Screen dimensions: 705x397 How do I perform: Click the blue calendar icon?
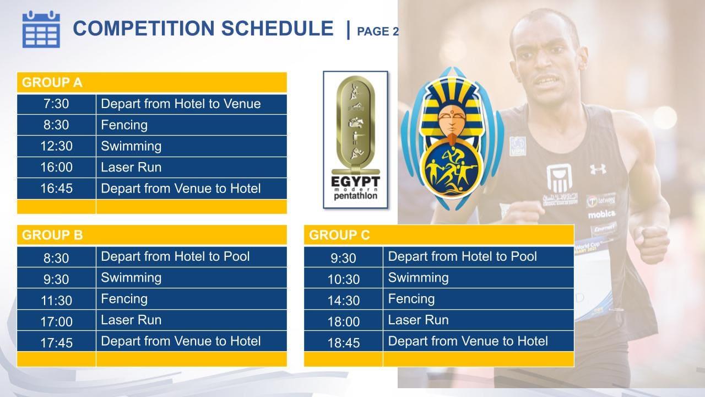click(41, 29)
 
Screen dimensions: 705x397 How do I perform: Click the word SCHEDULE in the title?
click(277, 28)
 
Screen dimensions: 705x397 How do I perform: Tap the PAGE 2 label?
click(378, 31)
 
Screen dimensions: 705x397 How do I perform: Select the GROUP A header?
click(52, 83)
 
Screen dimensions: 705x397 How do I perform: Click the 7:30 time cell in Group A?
click(56, 104)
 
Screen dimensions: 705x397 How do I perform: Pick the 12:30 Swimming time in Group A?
click(56, 146)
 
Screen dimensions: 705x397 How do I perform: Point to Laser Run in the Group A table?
click(131, 167)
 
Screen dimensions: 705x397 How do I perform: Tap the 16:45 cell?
click(56, 189)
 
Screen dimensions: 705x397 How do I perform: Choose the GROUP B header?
click(52, 235)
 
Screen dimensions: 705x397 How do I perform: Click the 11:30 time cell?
click(56, 301)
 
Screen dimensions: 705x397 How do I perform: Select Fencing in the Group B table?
click(124, 299)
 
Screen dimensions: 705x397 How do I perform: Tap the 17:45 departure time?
click(56, 343)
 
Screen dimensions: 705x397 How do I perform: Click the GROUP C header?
click(339, 235)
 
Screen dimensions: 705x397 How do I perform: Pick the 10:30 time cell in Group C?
click(344, 280)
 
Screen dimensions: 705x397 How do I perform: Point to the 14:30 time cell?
click(344, 301)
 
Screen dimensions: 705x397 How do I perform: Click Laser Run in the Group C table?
click(418, 320)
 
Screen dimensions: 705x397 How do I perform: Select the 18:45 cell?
click(344, 343)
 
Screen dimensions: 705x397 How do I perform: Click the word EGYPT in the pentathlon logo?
click(356, 182)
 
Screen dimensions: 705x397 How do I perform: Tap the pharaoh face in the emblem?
click(452, 119)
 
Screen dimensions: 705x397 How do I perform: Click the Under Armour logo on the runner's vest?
click(598, 169)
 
